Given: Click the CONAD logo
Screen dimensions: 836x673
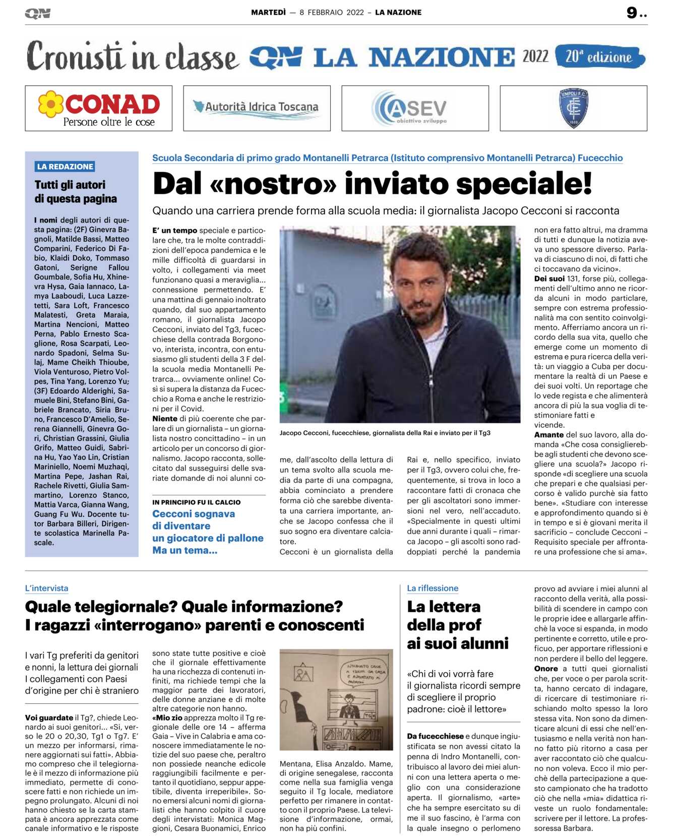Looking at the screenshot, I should (x=99, y=108).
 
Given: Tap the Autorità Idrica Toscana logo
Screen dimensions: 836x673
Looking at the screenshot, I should (x=257, y=107).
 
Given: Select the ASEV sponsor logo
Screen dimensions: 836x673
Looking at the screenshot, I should (x=414, y=108).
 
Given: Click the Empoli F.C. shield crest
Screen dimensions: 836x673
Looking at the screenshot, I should (x=573, y=107).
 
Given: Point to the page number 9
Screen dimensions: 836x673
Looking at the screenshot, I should (x=632, y=13).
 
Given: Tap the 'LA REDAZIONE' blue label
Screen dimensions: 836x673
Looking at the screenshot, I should (x=65, y=166).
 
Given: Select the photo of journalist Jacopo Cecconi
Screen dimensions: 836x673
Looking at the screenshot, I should (x=400, y=324).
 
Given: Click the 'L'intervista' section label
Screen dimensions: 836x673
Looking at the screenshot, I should (x=46, y=588).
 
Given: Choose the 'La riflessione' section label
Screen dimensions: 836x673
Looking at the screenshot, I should (x=433, y=588).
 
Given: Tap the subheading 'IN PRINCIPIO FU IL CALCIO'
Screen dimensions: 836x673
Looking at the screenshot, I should (x=196, y=503).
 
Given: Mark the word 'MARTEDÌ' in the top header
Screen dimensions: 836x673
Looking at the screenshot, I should (x=268, y=13).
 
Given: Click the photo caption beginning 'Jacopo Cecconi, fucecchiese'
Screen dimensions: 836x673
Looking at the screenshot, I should (x=385, y=433).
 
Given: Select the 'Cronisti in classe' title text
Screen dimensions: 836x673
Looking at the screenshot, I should (x=132, y=57).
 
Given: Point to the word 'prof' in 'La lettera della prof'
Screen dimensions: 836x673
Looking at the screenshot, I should (x=464, y=625).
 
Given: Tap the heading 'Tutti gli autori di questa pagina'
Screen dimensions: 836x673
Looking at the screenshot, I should (x=76, y=192).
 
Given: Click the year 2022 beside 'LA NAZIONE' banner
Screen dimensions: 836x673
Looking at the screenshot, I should (x=535, y=57).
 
